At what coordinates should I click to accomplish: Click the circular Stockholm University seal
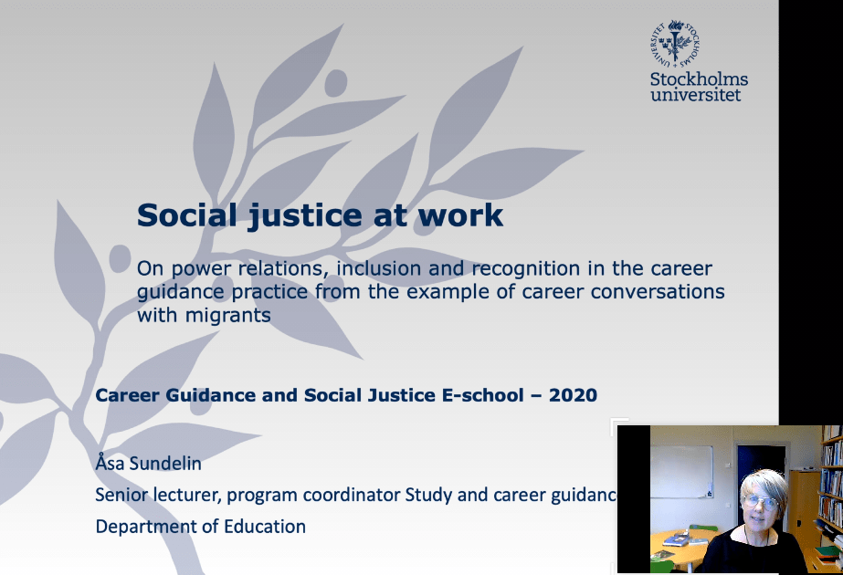pos(675,44)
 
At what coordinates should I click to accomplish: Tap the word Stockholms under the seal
pos(699,79)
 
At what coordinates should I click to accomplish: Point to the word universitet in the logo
pos(696,95)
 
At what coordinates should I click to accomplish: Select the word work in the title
pos(460,215)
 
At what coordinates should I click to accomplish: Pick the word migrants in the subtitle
pos(228,315)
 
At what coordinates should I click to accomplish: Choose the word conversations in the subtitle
pos(658,292)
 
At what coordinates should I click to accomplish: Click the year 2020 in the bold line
pos(573,395)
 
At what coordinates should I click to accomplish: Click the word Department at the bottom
pos(147,527)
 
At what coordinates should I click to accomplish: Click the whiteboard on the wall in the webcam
pos(681,472)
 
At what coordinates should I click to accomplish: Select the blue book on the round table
pos(677,539)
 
